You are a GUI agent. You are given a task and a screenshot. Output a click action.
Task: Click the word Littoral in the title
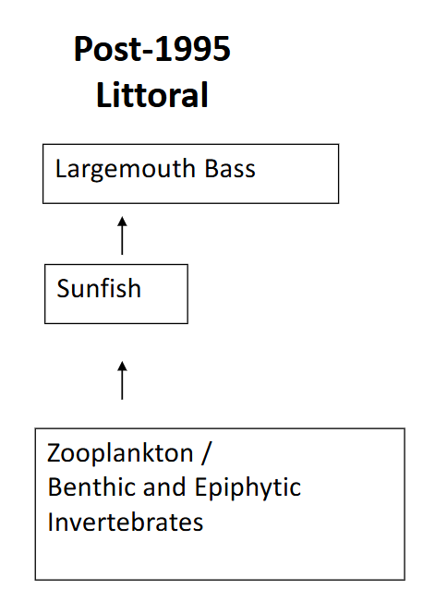point(152,95)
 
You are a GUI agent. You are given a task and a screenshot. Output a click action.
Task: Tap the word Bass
point(230,169)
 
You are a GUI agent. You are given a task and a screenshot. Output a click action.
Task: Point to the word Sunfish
point(99,289)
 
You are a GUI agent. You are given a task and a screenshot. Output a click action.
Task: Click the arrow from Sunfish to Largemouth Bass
point(122,236)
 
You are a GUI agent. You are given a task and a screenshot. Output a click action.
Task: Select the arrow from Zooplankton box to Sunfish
point(122,379)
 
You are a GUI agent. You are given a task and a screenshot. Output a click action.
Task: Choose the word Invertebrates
point(126,522)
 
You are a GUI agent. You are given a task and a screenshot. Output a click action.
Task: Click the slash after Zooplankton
point(208,455)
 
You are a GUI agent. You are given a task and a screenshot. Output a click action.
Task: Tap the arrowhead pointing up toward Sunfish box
point(122,365)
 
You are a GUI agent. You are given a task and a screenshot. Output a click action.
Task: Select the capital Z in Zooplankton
point(54,455)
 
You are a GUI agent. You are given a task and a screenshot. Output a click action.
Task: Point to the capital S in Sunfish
point(63,289)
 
